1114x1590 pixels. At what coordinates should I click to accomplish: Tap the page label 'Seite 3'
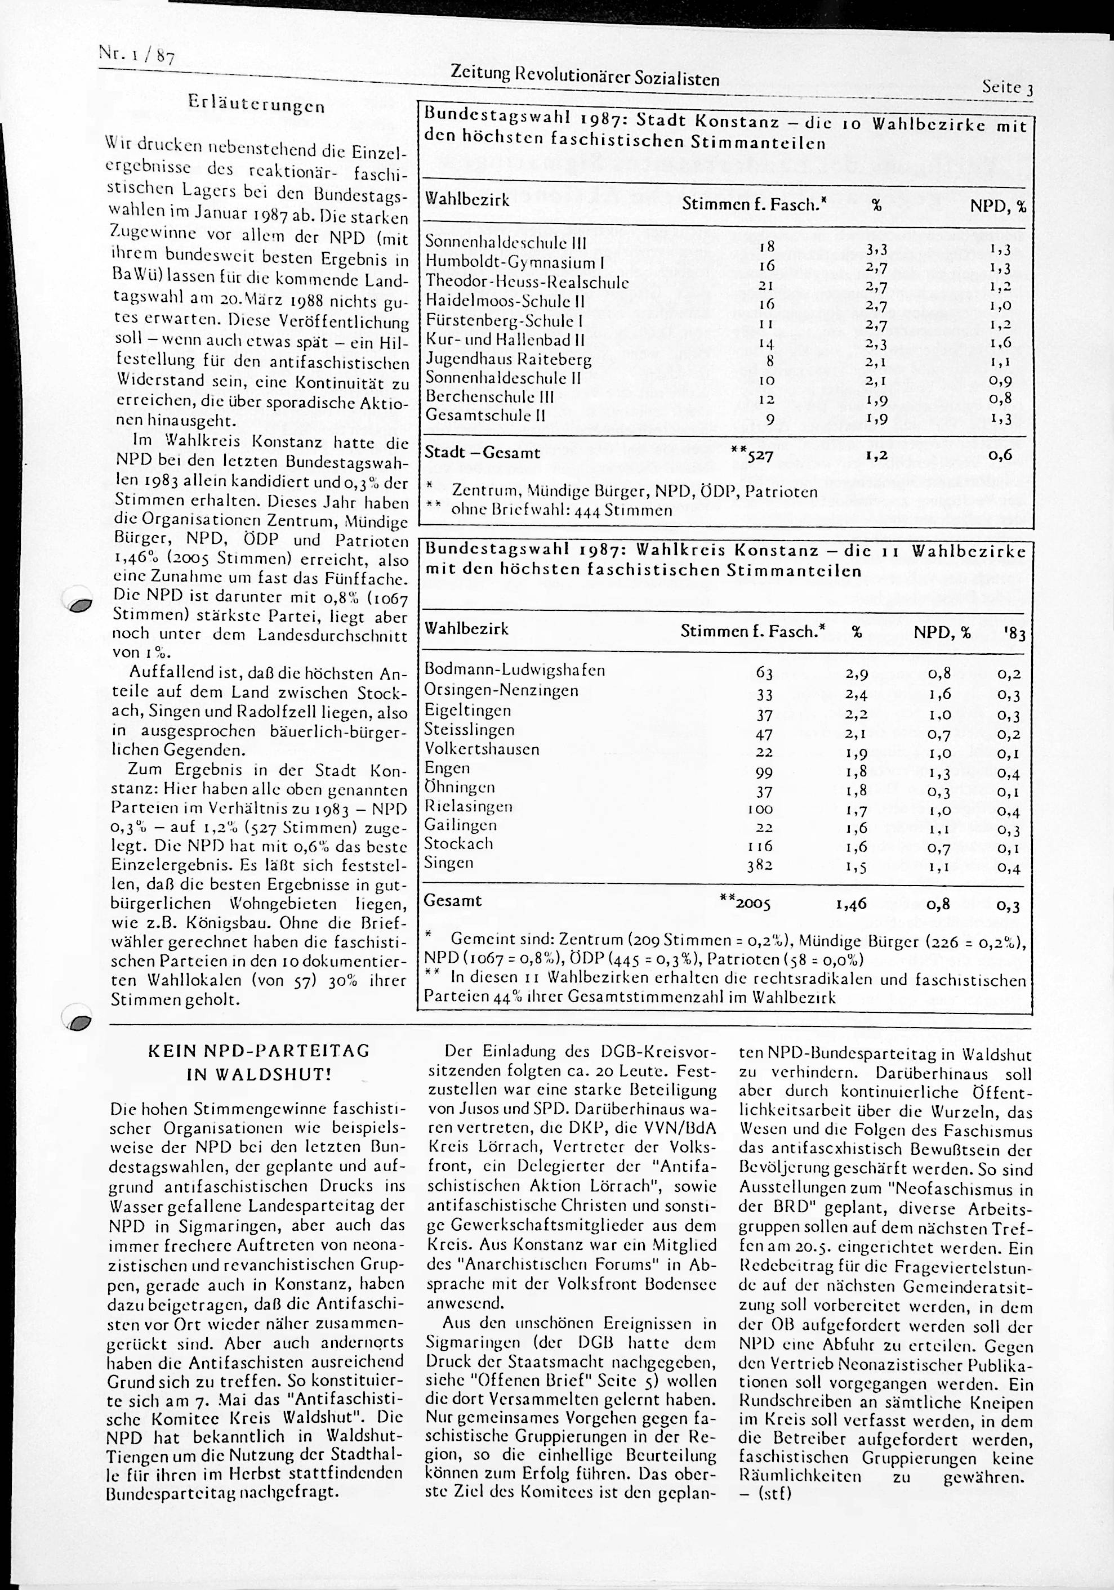pyautogui.click(x=1008, y=88)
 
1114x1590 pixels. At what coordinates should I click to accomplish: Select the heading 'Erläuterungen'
pyautogui.click(x=256, y=106)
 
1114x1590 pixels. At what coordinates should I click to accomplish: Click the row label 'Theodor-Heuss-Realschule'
pyautogui.click(x=527, y=282)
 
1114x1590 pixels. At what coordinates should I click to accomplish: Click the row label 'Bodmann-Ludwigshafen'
pyautogui.click(x=515, y=671)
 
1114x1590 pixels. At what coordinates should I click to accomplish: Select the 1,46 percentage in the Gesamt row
pyautogui.click(x=852, y=904)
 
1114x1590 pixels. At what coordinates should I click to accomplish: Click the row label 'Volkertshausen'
pyautogui.click(x=482, y=749)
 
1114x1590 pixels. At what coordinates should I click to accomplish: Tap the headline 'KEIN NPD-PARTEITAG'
pyautogui.click(x=259, y=1051)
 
